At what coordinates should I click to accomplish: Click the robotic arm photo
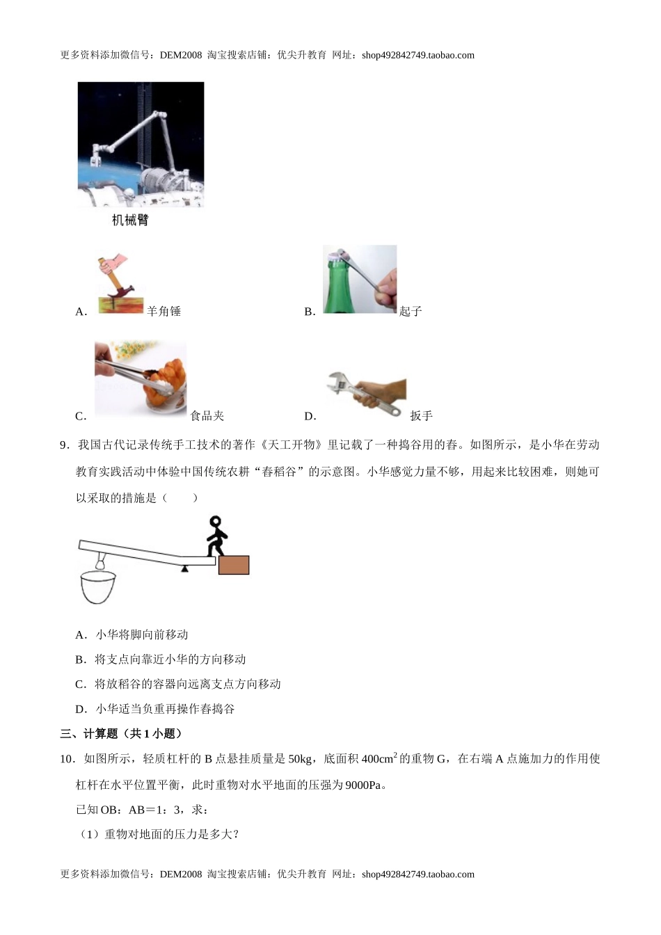(x=141, y=145)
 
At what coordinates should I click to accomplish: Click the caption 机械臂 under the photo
(x=130, y=221)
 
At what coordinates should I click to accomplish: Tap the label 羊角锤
(x=164, y=312)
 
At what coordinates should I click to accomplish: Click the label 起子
(x=411, y=312)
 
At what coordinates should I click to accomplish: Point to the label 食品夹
(x=207, y=416)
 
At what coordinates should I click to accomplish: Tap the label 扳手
(x=421, y=416)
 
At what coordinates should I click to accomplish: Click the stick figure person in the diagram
(x=216, y=536)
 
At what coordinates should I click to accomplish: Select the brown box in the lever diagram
(x=233, y=565)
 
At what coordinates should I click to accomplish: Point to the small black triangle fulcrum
(x=184, y=568)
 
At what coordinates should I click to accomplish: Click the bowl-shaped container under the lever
(x=100, y=588)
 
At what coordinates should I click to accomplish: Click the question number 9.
(x=65, y=445)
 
